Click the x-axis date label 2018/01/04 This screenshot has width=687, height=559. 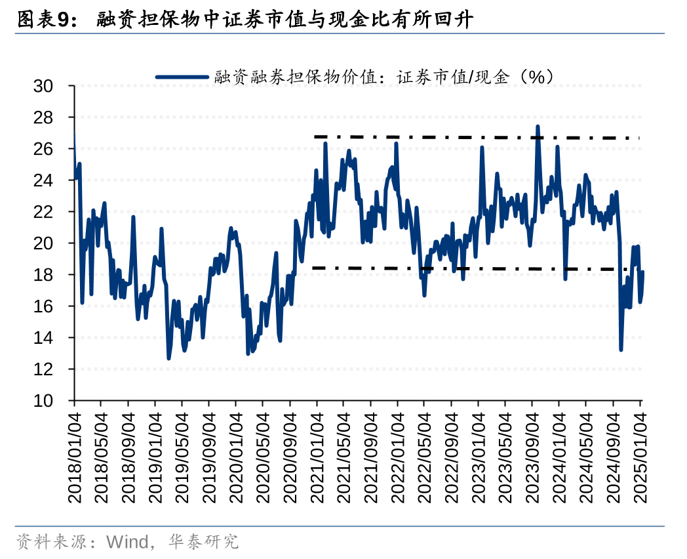pos(74,458)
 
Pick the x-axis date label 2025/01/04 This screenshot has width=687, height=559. pos(640,458)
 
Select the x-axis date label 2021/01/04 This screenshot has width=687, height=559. pos(317,458)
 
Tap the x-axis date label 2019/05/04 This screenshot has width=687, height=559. pos(182,458)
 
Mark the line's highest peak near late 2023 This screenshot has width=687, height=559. pos(538,127)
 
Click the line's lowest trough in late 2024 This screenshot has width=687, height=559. pos(621,349)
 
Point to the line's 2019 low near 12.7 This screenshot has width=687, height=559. pos(168,358)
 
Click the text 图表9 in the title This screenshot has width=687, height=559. pos(43,20)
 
